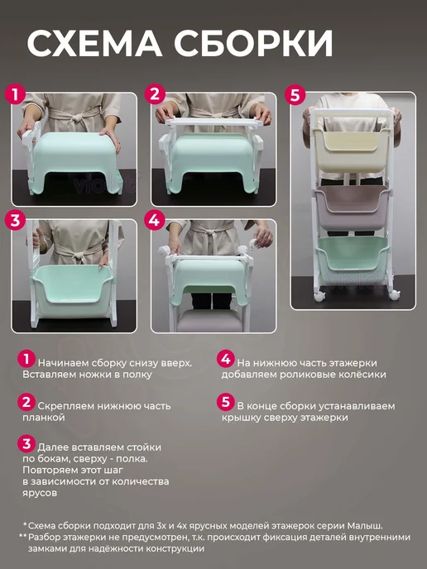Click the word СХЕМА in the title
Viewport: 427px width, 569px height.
[95, 43]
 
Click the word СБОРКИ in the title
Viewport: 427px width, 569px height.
[253, 43]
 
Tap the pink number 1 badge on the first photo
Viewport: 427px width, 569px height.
[15, 95]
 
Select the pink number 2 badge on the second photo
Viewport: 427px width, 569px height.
[155, 95]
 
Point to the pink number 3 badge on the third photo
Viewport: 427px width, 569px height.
[15, 220]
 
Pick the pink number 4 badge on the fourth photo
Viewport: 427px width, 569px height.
[154, 220]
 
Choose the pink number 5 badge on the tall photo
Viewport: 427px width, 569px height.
[295, 95]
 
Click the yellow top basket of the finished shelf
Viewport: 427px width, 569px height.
[352, 149]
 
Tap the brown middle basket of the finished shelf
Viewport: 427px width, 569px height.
[351, 206]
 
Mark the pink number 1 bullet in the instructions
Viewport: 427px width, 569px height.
[26, 359]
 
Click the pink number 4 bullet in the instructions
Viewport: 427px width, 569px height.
[225, 359]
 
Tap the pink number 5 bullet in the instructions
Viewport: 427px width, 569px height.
[225, 402]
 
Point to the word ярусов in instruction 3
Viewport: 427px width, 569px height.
[40, 494]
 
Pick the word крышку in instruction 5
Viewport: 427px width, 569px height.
[241, 418]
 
